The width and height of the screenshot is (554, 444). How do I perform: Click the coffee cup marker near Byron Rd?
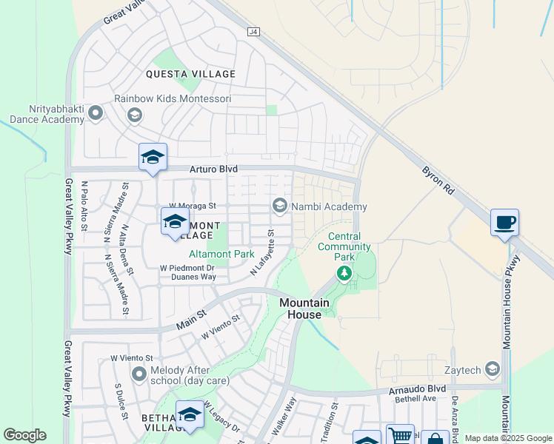point(504,223)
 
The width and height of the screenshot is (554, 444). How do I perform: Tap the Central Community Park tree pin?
point(344,274)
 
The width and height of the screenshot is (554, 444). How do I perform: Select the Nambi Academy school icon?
point(279,206)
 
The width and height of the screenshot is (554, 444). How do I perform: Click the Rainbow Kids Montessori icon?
point(134,114)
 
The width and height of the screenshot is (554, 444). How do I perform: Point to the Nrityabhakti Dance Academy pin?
point(95,113)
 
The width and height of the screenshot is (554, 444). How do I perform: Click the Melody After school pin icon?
point(138,374)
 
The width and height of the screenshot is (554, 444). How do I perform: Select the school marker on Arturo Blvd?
point(153,157)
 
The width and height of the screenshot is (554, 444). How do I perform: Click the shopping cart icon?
point(400,436)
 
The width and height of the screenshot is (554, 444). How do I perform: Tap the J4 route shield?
point(254,32)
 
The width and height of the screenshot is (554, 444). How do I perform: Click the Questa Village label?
point(190,74)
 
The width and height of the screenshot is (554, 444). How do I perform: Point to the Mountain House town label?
point(300,309)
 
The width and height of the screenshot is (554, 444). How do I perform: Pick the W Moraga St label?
point(192,206)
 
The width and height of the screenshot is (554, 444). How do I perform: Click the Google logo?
point(24,435)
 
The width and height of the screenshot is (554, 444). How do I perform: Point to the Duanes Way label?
point(193,277)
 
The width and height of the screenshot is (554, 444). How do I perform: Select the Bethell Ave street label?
point(415,399)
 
